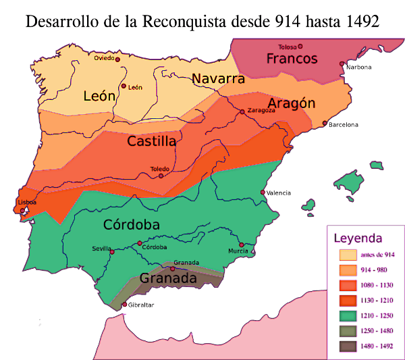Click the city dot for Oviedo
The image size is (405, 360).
(117, 59)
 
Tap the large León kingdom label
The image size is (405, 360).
(99, 96)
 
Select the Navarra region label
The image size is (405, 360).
(217, 79)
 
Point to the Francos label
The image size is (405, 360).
(292, 59)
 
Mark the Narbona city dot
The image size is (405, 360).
(342, 64)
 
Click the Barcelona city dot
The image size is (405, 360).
(325, 124)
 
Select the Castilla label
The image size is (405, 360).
(152, 142)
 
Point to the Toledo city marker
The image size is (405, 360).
(161, 176)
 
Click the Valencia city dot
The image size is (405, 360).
(263, 192)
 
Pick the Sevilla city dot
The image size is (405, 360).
(112, 253)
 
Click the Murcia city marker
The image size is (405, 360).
(241, 245)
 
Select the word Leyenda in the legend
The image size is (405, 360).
(358, 238)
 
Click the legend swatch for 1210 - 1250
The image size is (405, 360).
(348, 315)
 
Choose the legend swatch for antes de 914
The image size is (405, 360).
(348, 255)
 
